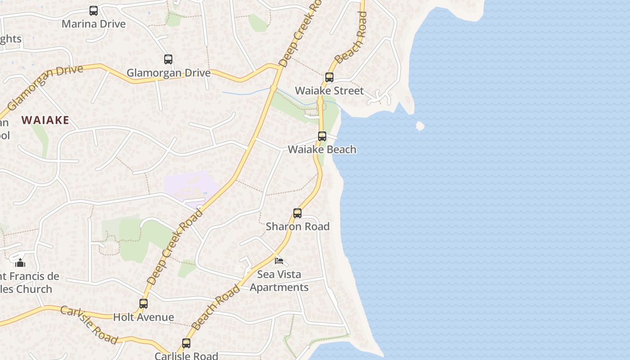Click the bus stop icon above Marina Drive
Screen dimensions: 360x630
pyautogui.click(x=94, y=10)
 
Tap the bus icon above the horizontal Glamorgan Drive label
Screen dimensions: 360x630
pyautogui.click(x=168, y=59)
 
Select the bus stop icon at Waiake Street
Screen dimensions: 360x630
pyautogui.click(x=329, y=77)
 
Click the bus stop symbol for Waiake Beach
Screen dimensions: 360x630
pyautogui.click(x=322, y=136)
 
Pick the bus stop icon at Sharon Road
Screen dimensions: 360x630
pyautogui.click(x=297, y=213)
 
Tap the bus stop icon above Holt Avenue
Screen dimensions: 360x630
pyautogui.click(x=144, y=304)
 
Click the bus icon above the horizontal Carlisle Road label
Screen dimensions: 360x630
pyautogui.click(x=186, y=343)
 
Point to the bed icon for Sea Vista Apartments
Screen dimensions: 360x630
pyautogui.click(x=279, y=261)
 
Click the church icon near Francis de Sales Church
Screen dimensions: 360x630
pyautogui.click(x=20, y=262)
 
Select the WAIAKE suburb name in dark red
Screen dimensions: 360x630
pyautogui.click(x=45, y=120)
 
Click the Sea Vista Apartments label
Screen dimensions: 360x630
pyautogui.click(x=279, y=281)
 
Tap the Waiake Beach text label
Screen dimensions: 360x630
pyautogui.click(x=322, y=149)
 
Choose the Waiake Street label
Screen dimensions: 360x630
pyautogui.click(x=329, y=91)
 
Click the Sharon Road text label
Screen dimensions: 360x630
pyautogui.click(x=297, y=226)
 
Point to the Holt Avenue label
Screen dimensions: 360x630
pyautogui.click(x=144, y=317)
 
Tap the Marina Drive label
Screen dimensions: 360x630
pyautogui.click(x=94, y=24)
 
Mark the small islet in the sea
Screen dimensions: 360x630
pyautogui.click(x=420, y=126)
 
